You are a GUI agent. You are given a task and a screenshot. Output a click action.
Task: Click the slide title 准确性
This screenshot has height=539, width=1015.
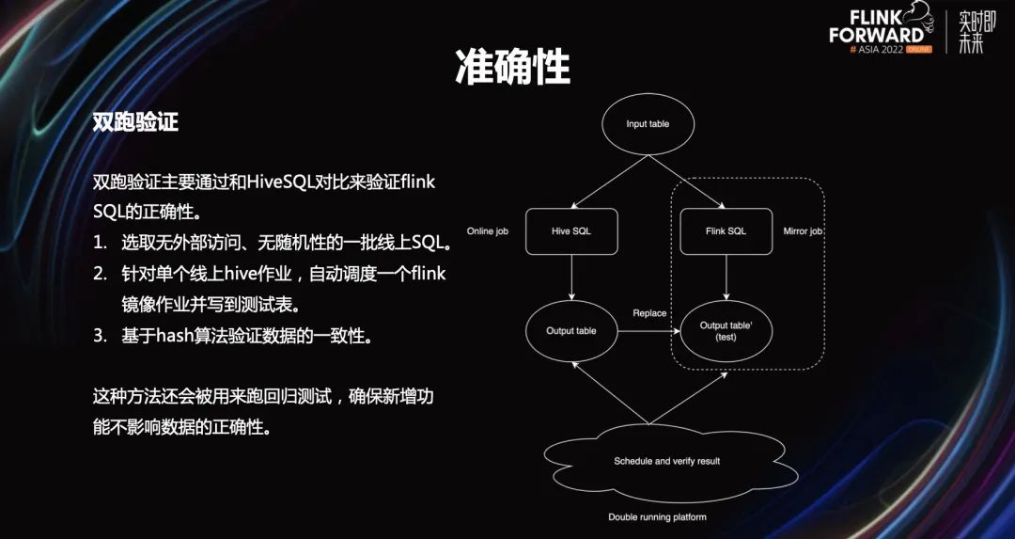[512, 68]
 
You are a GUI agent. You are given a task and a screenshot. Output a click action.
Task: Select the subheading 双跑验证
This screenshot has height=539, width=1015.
[135, 123]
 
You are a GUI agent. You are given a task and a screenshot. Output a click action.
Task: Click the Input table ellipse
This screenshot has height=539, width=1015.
[648, 124]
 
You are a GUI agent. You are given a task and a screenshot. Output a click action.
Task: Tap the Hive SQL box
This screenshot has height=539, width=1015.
[571, 230]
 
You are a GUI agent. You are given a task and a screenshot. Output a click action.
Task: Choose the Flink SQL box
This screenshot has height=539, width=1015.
[726, 230]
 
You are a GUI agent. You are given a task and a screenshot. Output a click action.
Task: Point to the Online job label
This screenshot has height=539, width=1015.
[488, 230]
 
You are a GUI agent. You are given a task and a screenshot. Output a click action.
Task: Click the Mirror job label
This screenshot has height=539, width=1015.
[803, 230]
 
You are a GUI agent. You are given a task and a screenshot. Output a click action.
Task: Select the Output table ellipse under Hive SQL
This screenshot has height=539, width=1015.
[571, 330]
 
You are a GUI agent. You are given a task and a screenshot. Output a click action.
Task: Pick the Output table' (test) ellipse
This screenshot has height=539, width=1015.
[726, 330]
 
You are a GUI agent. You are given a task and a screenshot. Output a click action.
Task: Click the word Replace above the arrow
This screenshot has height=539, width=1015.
[649, 313]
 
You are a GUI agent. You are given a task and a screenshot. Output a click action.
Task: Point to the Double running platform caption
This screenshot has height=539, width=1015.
[657, 517]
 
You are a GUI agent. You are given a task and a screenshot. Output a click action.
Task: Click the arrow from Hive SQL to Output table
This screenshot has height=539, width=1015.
[571, 277]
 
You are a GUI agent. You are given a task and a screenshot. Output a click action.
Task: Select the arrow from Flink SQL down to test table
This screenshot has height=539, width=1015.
[726, 277]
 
